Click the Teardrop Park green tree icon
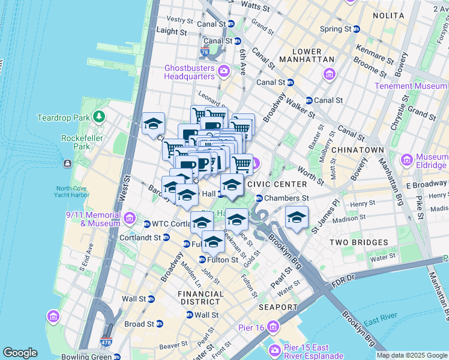96,115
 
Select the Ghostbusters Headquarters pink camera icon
224,72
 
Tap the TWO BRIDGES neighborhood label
358,242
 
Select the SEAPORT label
278,307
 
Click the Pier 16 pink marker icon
274,327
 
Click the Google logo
20,353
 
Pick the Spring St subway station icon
356,29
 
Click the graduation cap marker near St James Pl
297,218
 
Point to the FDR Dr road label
345,278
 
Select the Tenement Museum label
410,86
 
